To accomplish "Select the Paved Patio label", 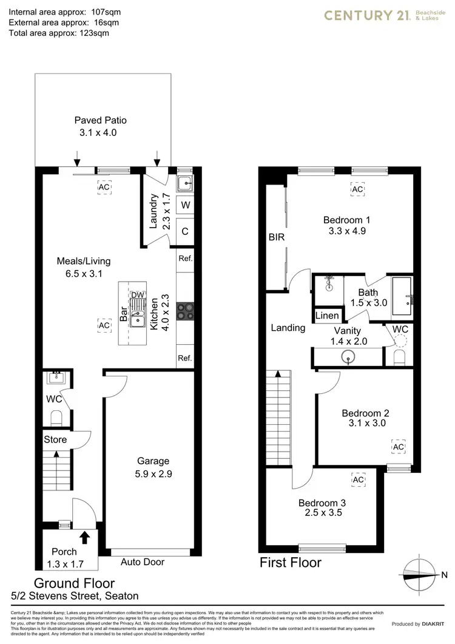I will tap(100, 120).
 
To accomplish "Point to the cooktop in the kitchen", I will tap(184, 311).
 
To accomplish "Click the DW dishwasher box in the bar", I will tap(138, 295).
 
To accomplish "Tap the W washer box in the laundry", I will tap(185, 205).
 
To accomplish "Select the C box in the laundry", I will tap(185, 231).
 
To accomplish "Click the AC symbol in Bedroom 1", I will tap(357, 190).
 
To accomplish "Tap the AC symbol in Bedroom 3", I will tap(358, 480).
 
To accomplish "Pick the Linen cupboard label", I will tap(327, 316).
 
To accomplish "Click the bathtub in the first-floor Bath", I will tap(403, 296).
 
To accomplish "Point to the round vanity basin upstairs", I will tap(349, 358).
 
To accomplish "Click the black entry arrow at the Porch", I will tap(84, 537).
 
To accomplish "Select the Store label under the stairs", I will tap(55, 439).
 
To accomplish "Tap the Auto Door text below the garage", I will tap(143, 561).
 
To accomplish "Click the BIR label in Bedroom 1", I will tap(277, 237).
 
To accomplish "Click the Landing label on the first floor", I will tap(288, 328).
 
